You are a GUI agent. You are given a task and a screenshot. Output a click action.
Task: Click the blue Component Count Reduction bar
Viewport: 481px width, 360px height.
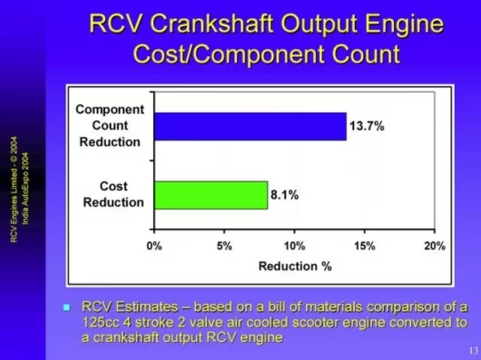250,126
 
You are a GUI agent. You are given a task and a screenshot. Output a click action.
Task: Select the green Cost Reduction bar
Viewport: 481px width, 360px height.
211,195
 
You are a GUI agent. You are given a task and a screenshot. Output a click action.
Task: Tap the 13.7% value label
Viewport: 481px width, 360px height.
367,127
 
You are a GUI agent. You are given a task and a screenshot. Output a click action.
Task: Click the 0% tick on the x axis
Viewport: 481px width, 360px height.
154,246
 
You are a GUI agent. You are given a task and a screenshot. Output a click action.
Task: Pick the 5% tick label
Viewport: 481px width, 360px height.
224,246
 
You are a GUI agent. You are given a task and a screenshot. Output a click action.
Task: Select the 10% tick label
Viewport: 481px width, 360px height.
294,246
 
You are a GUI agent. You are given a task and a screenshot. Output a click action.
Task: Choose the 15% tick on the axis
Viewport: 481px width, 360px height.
364,246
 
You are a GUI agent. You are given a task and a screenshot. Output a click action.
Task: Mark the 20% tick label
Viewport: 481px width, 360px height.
434,246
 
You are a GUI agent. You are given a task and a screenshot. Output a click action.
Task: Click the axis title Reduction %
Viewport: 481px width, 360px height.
294,266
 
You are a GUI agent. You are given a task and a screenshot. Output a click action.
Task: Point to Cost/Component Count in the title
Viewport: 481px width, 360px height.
266,54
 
